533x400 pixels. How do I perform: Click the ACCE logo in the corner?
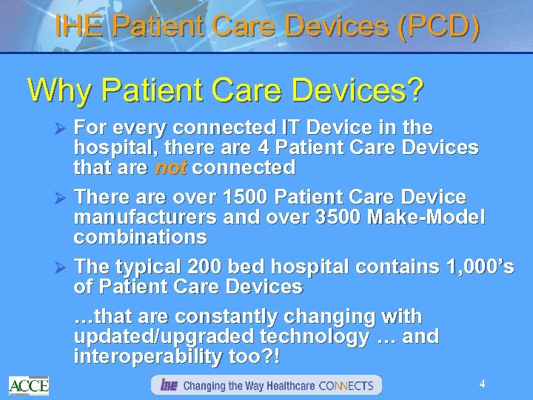point(29,384)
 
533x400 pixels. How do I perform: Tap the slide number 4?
point(482,384)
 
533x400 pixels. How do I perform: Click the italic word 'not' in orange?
point(172,168)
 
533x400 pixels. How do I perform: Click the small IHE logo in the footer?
point(168,385)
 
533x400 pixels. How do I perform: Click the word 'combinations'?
point(140,238)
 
